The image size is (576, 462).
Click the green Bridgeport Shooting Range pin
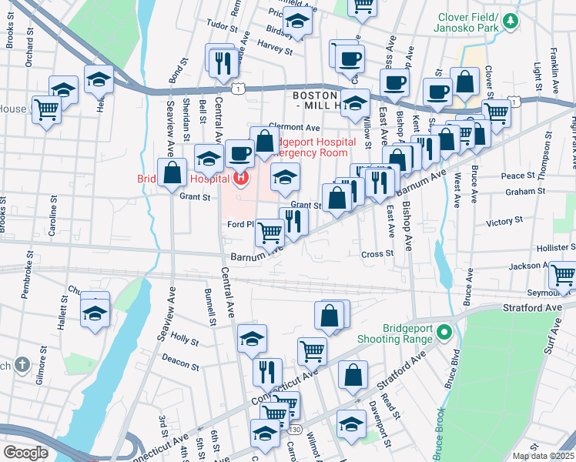[443, 333]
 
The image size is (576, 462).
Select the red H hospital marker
[241, 179]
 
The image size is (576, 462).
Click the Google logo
[25, 452]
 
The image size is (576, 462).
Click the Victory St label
[504, 222]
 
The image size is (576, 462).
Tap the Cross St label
[377, 253]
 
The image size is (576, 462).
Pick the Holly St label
[185, 337]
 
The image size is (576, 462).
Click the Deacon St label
[181, 357]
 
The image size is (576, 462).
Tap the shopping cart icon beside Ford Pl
[270, 231]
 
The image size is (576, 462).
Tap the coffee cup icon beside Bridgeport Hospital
[239, 152]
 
